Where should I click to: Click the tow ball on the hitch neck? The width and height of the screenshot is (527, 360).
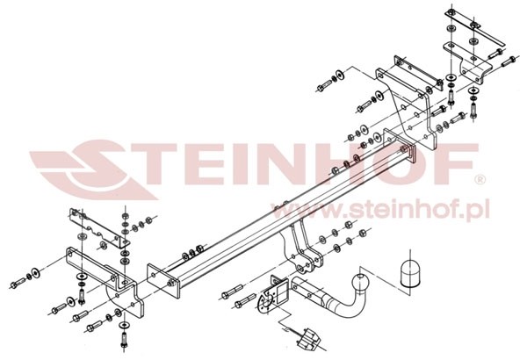coord(359,283)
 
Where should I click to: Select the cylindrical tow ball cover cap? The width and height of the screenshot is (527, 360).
coord(410,274)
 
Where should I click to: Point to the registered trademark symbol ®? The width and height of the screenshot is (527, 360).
coord(480,180)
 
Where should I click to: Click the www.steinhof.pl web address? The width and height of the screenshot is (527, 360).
coord(379,210)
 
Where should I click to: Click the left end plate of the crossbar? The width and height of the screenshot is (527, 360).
coord(163,281)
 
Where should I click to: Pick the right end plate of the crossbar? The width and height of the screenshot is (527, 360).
coord(400,145)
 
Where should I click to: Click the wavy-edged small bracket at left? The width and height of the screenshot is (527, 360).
coord(99,227)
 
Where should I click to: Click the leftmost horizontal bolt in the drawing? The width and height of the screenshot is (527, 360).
coord(18,283)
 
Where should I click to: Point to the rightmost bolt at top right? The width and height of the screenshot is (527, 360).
coord(509,61)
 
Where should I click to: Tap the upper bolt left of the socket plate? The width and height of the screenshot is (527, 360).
coord(232,292)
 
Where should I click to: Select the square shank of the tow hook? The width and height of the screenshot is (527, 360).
coord(307,290)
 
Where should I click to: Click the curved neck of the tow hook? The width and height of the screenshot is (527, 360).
coord(347,305)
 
